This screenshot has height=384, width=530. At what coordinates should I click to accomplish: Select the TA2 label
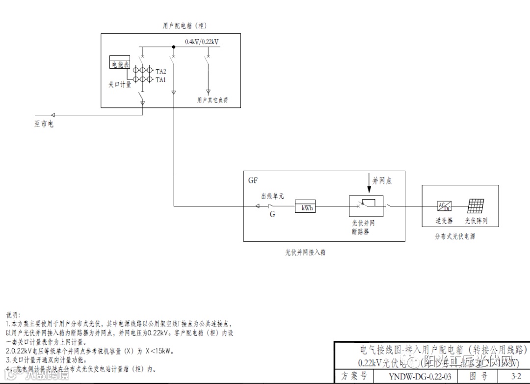pyautogui.click(x=160, y=72)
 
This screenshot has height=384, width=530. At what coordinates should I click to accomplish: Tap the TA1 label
pyautogui.click(x=160, y=79)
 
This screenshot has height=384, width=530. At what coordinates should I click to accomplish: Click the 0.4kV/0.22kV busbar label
pyautogui.click(x=202, y=42)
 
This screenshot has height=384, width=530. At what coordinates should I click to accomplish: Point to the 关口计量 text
pyautogui.click(x=120, y=84)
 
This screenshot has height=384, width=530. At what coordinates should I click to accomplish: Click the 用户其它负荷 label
pyautogui.click(x=212, y=100)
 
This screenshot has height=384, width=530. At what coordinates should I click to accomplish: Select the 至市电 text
pyautogui.click(x=44, y=125)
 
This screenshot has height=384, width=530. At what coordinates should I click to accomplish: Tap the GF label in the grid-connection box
pyautogui.click(x=253, y=180)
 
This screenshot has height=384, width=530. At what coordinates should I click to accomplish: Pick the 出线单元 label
pyautogui.click(x=272, y=196)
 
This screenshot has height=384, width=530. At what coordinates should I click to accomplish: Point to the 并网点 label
pyautogui.click(x=382, y=181)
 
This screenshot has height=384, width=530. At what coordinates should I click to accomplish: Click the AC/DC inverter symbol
pyautogui.click(x=444, y=206)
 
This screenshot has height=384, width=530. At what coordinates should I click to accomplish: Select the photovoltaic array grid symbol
pyautogui.click(x=476, y=206)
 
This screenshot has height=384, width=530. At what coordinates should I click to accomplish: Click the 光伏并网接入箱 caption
pyautogui.click(x=305, y=253)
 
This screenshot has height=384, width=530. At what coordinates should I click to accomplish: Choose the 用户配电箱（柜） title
pyautogui.click(x=182, y=25)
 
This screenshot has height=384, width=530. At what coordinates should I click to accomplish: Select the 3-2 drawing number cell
pyautogui.click(x=516, y=377)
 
